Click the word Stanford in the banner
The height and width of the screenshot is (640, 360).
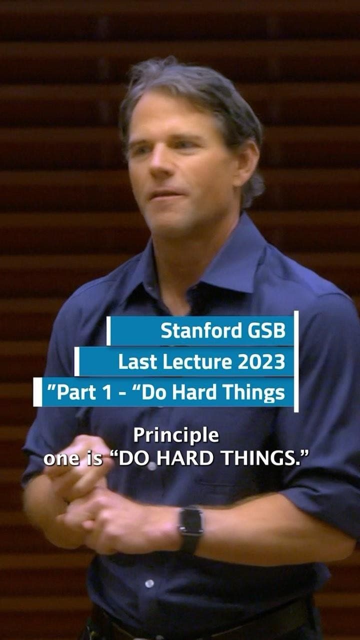pyautogui.click(x=201, y=330)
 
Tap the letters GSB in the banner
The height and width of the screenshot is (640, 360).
pyautogui.click(x=266, y=330)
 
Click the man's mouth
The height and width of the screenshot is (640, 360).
pyautogui.click(x=165, y=195)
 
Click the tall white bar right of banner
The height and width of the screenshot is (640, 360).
pyautogui.click(x=296, y=361)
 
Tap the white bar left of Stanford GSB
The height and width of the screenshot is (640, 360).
pyautogui.click(x=108, y=330)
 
